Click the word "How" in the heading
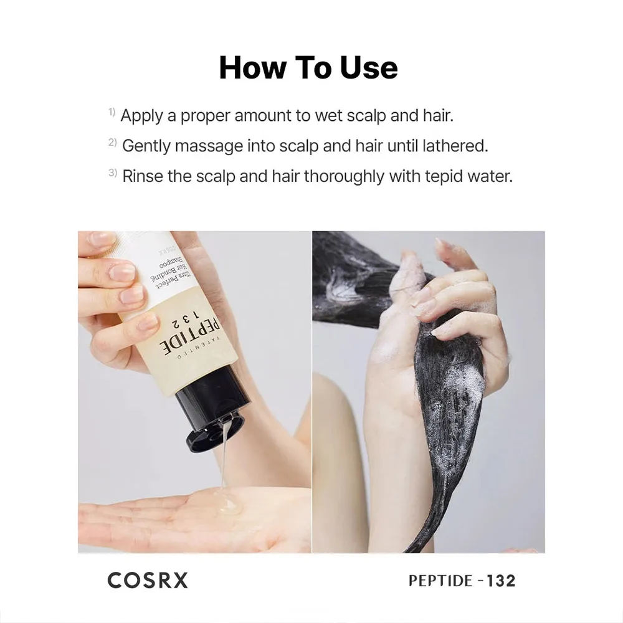pos(253,67)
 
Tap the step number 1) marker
pos(112,112)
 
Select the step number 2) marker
pos(112,142)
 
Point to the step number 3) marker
pos(112,173)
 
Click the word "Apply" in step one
pos(142,117)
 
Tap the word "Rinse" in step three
pos(142,176)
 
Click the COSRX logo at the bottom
pos(148,581)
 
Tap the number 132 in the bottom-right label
pos(501,581)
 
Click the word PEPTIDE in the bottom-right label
pos(440,581)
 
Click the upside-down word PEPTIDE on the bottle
pos(190,334)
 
